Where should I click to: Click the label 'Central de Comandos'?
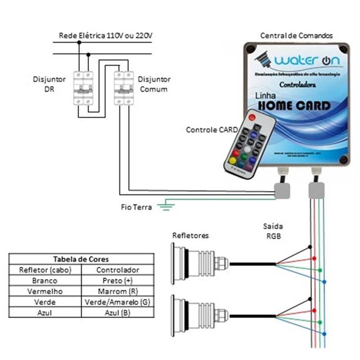297,35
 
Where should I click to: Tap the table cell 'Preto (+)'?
118,280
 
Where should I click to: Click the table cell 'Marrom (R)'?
118,291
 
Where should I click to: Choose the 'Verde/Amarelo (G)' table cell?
118,301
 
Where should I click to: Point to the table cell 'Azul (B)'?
118,312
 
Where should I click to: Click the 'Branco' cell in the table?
45,280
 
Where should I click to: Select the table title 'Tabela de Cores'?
81,259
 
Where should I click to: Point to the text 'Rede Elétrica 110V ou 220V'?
108,35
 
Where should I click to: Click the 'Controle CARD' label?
211,130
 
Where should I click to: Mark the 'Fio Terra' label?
136,207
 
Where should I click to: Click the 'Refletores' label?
190,236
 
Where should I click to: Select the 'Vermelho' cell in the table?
45,291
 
